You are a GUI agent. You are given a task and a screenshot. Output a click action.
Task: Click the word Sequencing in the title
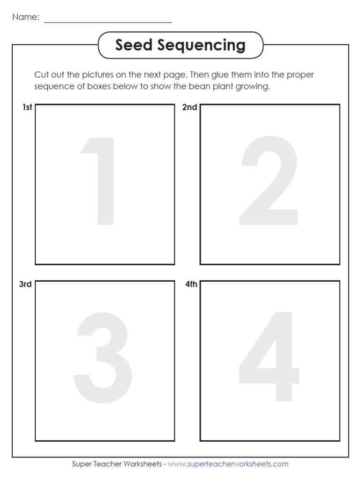(x=201, y=46)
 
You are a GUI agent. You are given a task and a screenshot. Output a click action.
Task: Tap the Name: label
(x=26, y=17)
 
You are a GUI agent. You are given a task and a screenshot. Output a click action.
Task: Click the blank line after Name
(x=108, y=22)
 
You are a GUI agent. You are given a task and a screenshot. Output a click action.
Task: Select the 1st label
(x=27, y=107)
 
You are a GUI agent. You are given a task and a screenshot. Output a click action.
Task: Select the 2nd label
(x=189, y=107)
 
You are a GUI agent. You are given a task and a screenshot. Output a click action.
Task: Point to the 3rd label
(x=25, y=284)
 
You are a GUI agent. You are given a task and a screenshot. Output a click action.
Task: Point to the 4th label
(x=191, y=284)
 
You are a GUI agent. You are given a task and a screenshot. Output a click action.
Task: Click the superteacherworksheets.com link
(x=228, y=464)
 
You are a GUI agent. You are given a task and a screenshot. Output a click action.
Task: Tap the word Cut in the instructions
(x=42, y=75)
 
